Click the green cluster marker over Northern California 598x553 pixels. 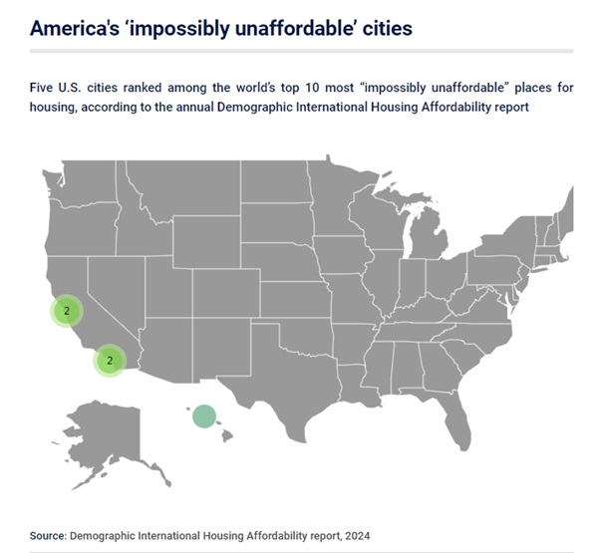(x=67, y=311)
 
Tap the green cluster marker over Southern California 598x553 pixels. (x=110, y=361)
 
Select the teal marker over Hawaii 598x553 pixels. (x=204, y=416)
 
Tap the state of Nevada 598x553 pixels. (x=115, y=290)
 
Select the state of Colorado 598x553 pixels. (x=226, y=293)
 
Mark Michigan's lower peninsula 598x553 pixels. (x=428, y=236)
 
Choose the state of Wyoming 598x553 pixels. (x=206, y=241)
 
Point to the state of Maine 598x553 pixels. (x=566, y=213)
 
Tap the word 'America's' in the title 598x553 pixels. (x=75, y=28)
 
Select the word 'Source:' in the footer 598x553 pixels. (x=49, y=536)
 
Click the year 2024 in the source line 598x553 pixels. (x=358, y=536)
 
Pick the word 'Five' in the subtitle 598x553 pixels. (x=41, y=88)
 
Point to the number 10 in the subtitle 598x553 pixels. (x=312, y=88)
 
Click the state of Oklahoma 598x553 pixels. (x=305, y=336)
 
